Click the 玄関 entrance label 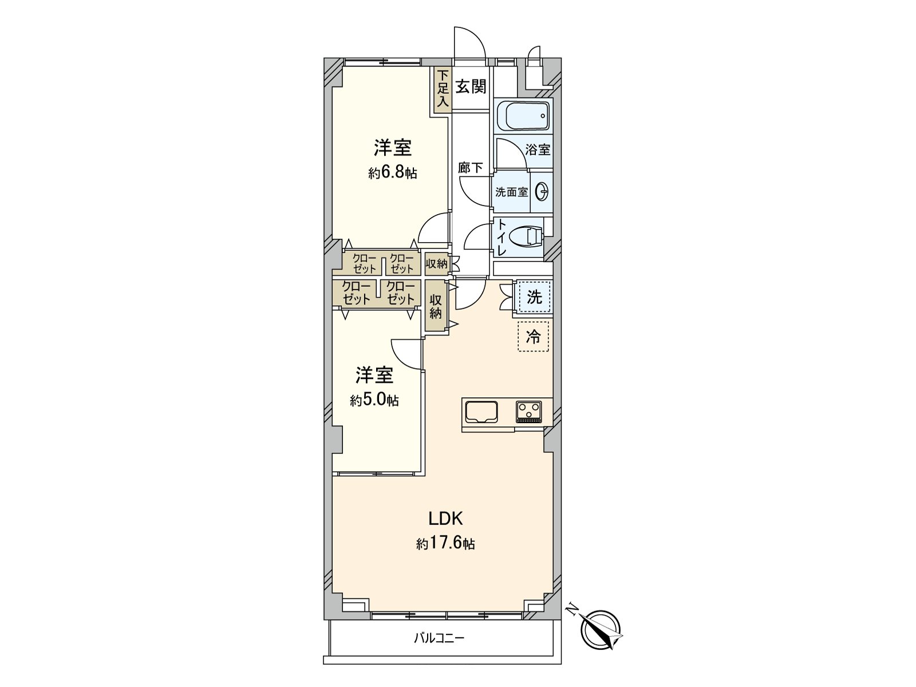tap(471, 87)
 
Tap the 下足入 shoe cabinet tap(442, 89)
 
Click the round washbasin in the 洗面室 tap(541, 191)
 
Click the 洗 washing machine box tap(534, 297)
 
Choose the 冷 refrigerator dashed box tap(534, 337)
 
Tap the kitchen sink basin tap(481, 412)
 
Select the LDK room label tap(445, 519)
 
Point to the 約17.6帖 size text tap(445, 543)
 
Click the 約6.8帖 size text tap(393, 172)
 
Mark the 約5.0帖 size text tap(374, 400)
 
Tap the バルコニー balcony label tap(439, 638)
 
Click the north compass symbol tap(601, 630)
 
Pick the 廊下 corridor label tap(471, 168)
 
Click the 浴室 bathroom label tap(538, 150)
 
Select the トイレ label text tap(502, 237)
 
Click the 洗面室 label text tap(511, 192)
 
